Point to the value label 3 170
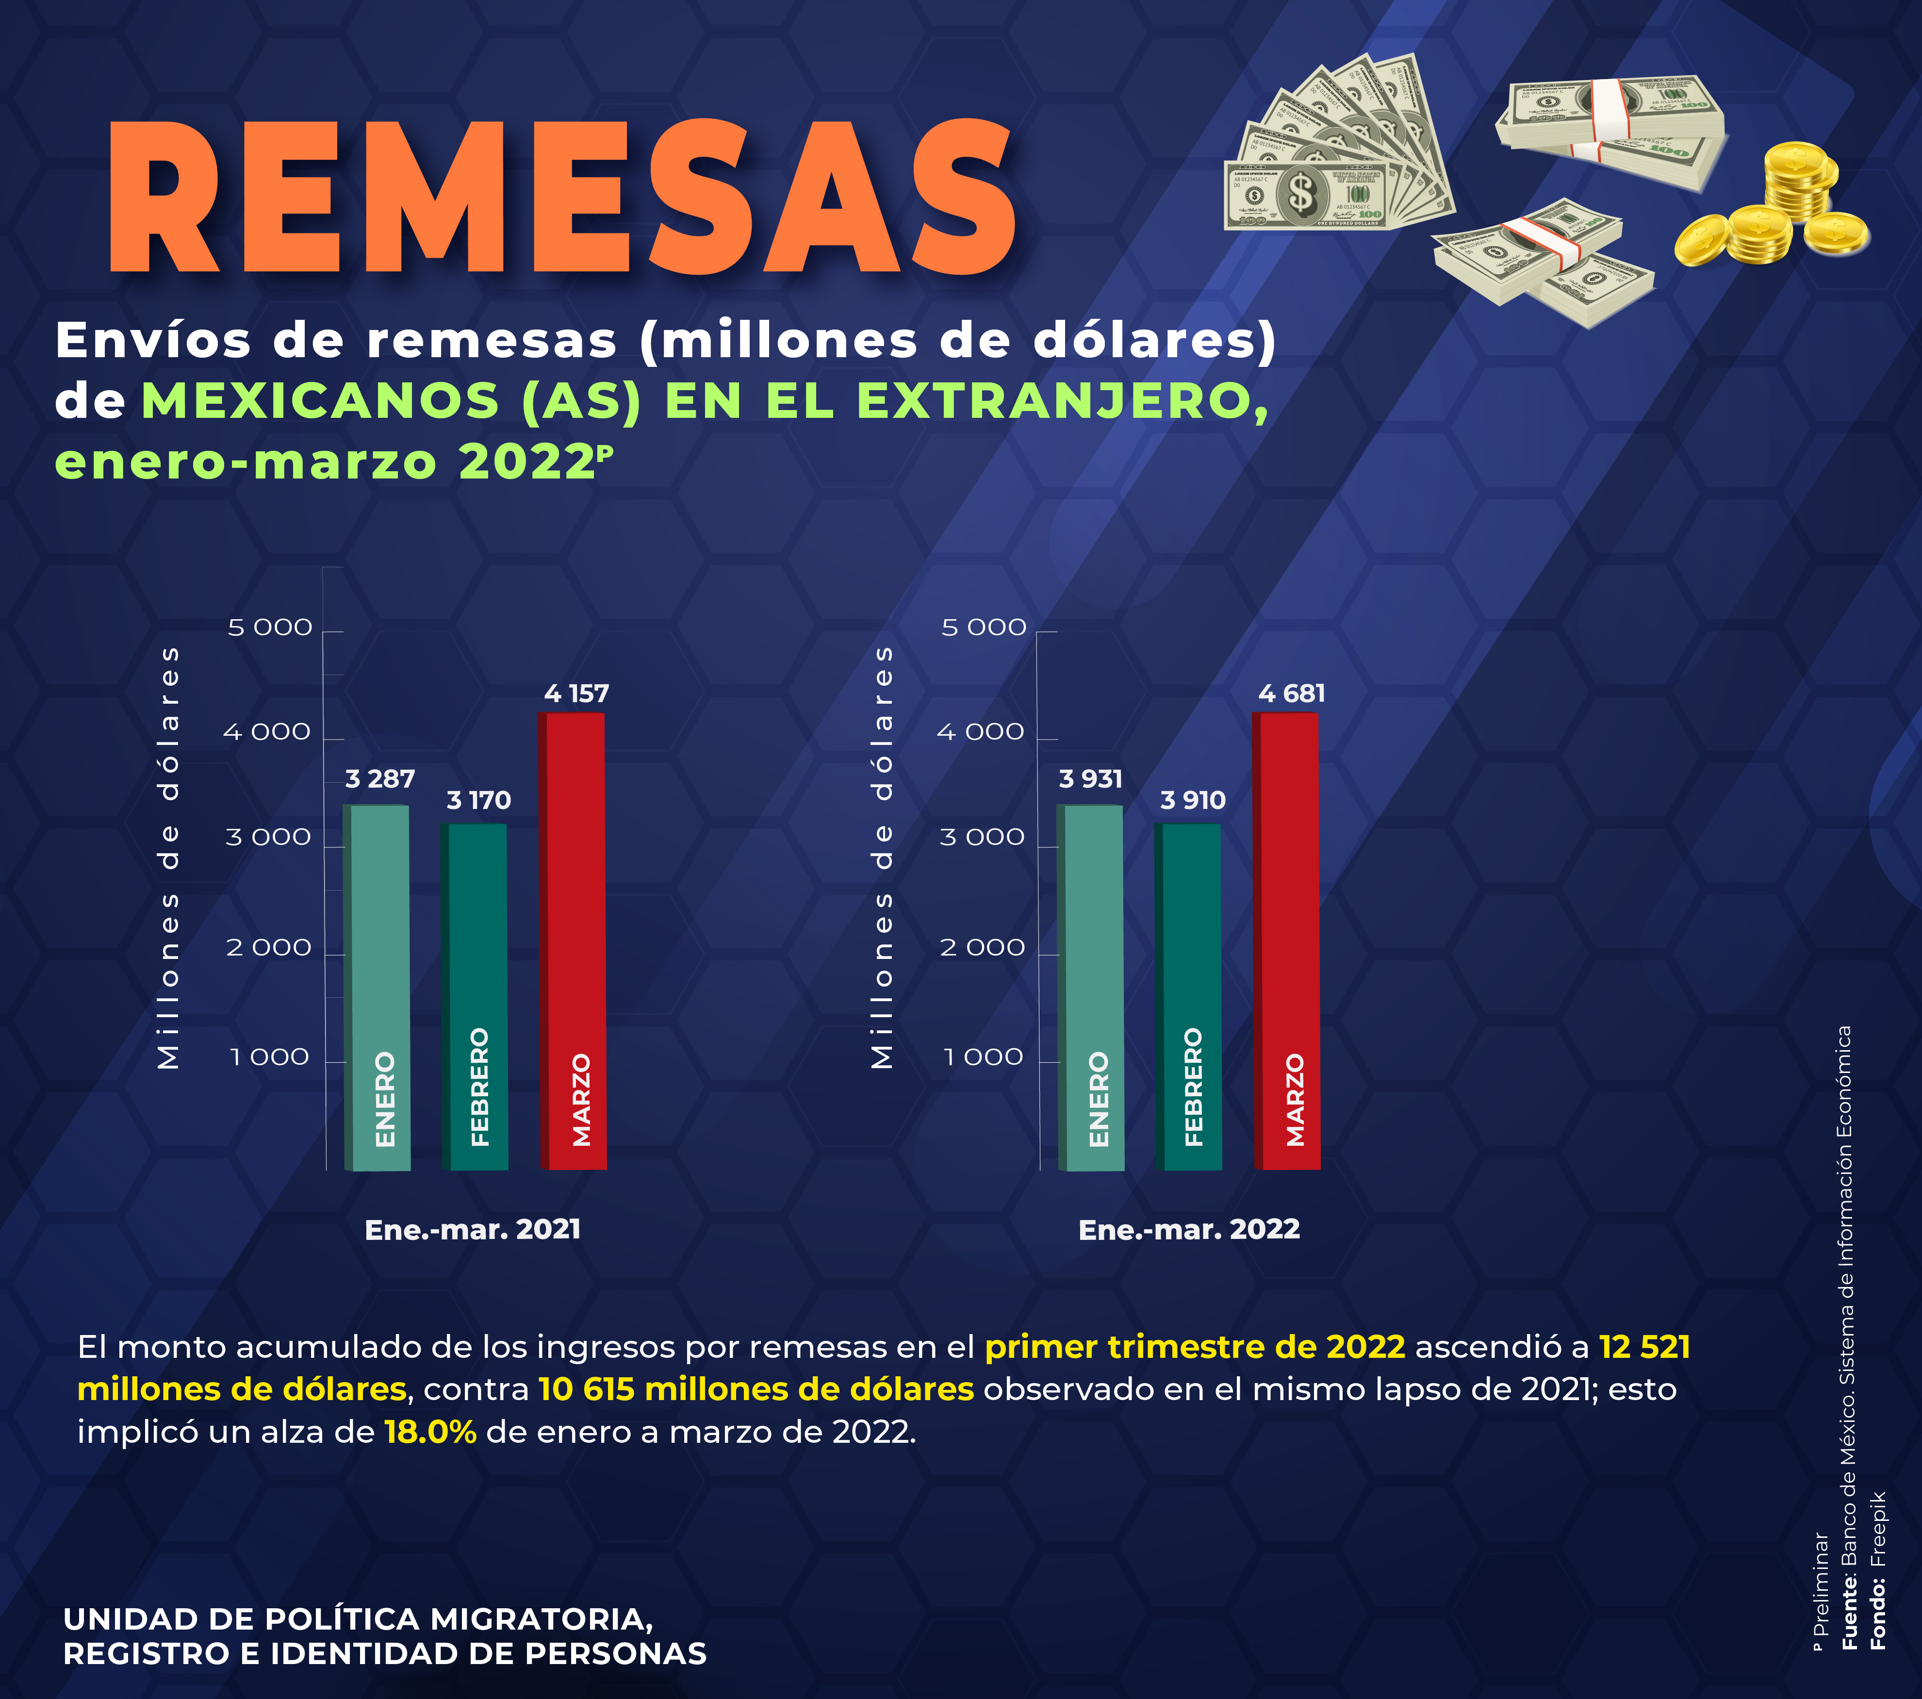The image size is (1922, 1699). pos(478,800)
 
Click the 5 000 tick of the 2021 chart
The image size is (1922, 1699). pos(270,627)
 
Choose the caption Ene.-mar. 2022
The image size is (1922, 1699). pos(1188,1230)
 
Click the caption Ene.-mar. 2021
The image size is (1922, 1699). pos(473,1230)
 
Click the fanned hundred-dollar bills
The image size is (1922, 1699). pos(1335,150)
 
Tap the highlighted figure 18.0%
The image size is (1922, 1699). pos(430,1432)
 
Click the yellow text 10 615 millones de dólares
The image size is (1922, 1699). pos(756,1390)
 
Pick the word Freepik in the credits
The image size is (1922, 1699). pos(1878,1528)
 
